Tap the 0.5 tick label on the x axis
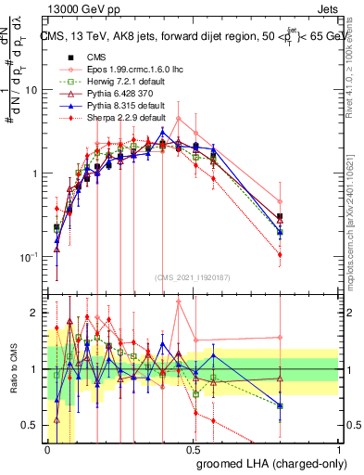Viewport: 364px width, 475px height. click(194, 449)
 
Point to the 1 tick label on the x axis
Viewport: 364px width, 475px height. click(338, 449)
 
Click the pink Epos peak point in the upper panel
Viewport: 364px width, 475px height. click(179, 118)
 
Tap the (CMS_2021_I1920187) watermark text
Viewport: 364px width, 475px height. click(193, 277)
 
